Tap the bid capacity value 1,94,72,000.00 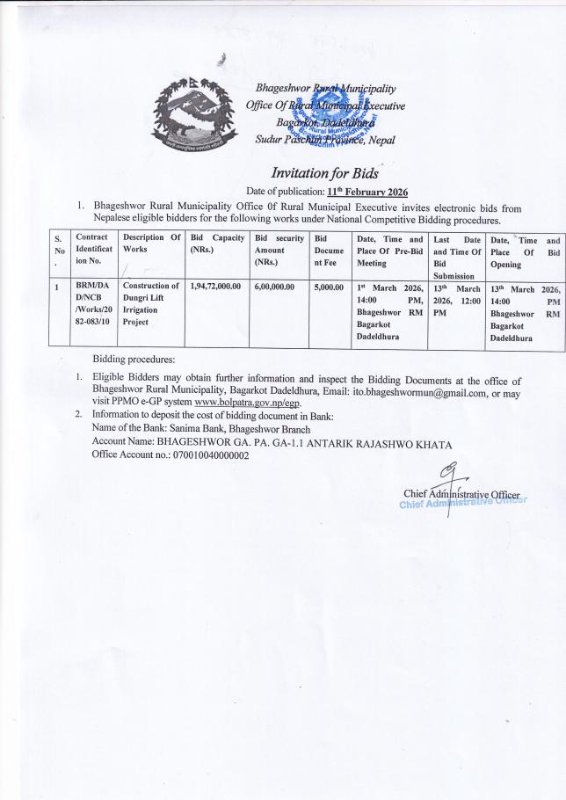point(215,287)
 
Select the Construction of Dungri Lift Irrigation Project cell point(150,305)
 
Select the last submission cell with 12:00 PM point(456,299)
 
